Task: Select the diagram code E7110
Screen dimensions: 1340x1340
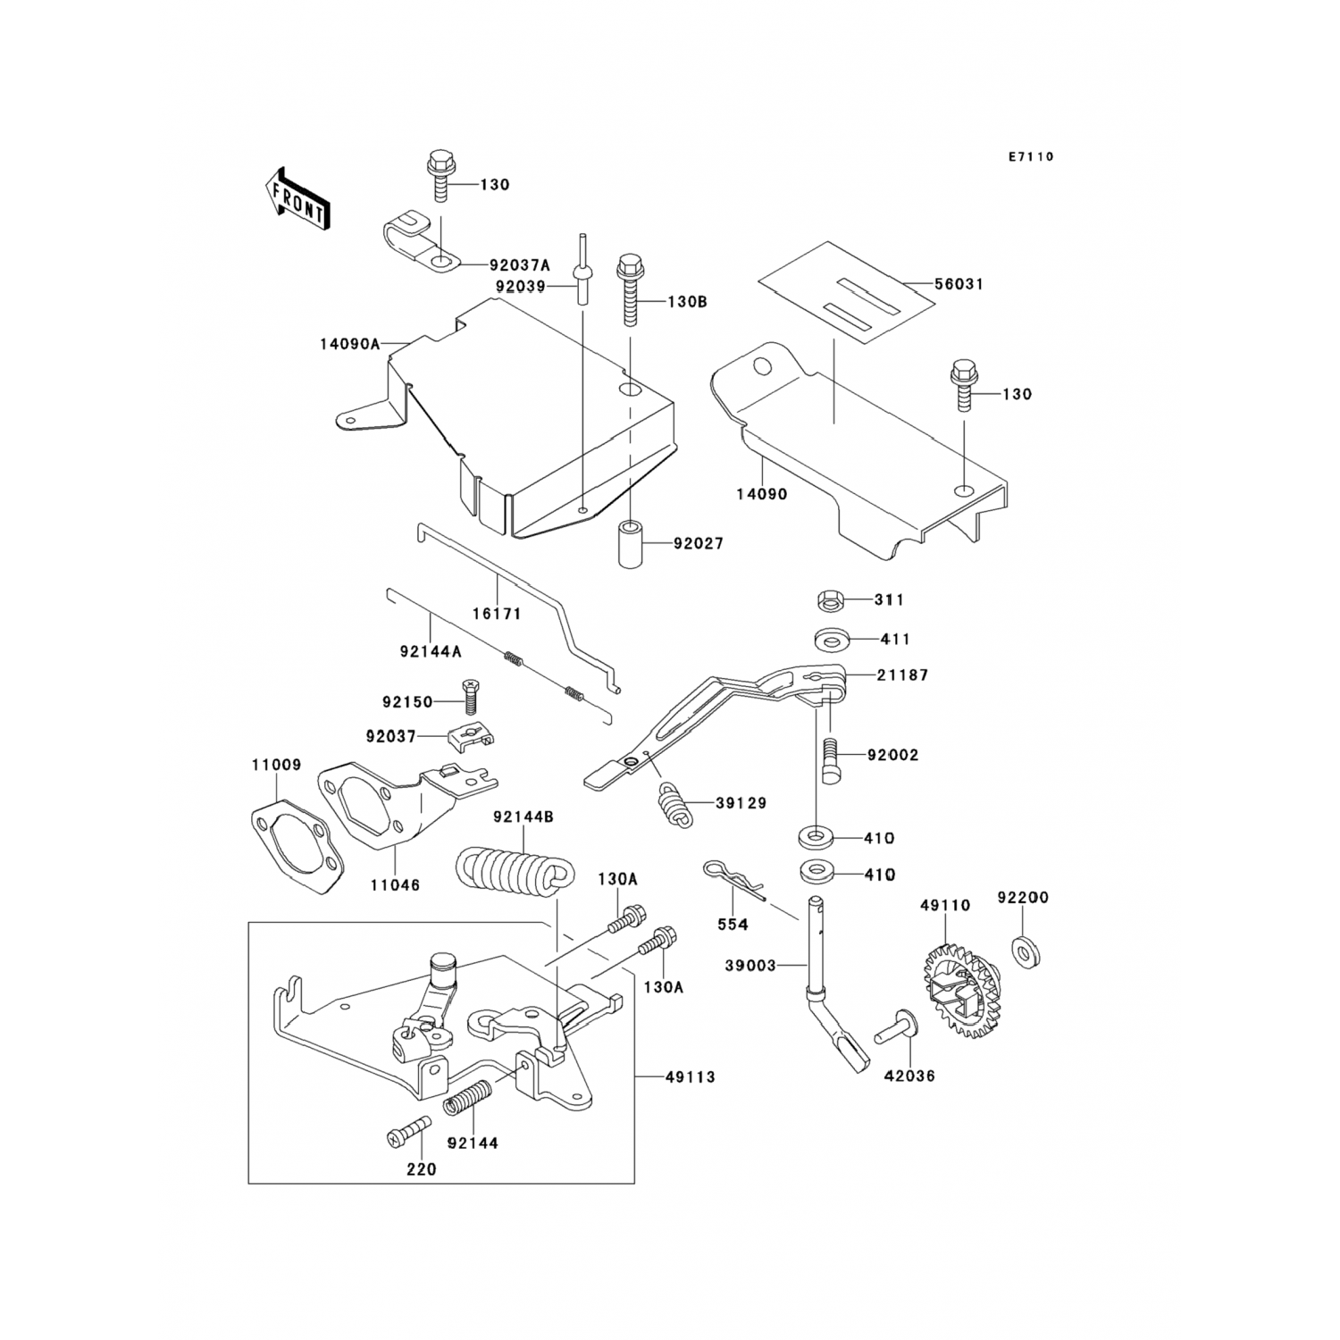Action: coord(1031,157)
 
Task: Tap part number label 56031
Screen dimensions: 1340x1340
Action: coord(959,284)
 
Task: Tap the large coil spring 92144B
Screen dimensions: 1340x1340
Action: coord(509,869)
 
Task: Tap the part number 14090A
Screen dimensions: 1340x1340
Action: coord(349,343)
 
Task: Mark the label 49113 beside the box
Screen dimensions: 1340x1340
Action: coord(690,1077)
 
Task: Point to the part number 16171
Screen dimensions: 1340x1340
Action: coord(497,615)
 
